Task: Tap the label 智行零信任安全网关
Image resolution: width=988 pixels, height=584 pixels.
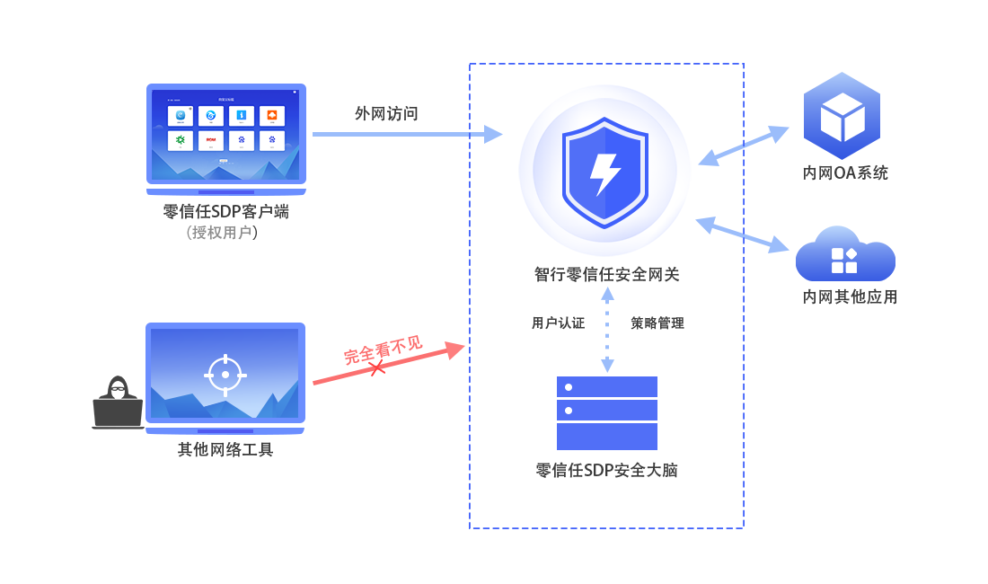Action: tap(606, 275)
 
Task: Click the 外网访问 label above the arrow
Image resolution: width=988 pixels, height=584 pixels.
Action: tap(386, 113)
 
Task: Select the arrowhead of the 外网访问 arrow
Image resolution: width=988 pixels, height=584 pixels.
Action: tap(491, 134)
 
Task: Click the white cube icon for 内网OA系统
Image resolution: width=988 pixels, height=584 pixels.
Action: tap(842, 116)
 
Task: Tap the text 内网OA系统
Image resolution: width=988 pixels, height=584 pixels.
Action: tap(845, 173)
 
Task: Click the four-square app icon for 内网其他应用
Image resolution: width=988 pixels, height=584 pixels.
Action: tap(844, 260)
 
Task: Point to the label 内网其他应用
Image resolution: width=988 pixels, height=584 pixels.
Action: tap(850, 296)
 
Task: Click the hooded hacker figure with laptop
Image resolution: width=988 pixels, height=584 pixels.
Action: tap(118, 404)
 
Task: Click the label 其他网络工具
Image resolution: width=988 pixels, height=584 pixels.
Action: tap(225, 449)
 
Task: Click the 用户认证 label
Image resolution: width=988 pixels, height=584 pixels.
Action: tap(558, 323)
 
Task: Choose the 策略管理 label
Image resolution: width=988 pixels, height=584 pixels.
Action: tap(657, 323)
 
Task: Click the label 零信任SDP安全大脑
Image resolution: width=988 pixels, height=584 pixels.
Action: tap(606, 471)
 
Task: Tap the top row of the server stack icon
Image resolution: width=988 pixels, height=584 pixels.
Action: tap(607, 387)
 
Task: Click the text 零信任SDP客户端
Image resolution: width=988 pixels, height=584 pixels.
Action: tap(225, 212)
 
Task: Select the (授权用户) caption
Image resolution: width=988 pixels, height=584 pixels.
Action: tap(223, 233)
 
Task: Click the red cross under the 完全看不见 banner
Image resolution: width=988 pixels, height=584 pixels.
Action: tap(378, 368)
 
